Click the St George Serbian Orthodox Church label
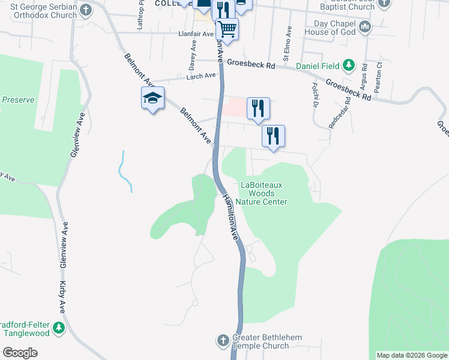click(38, 11)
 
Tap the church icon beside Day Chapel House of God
click(365, 27)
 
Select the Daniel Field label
click(318, 65)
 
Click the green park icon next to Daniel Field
click(348, 65)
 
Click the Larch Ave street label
click(200, 76)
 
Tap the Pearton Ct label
click(378, 76)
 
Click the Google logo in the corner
click(20, 353)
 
